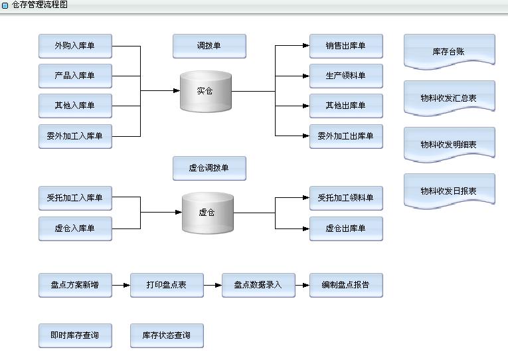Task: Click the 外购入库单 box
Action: tap(75, 46)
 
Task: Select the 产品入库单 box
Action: tap(75, 76)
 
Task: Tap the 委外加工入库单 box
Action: tap(75, 136)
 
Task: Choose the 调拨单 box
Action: tap(209, 46)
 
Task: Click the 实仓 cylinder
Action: tap(206, 91)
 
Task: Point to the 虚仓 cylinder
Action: tap(208, 213)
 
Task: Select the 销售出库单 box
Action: tap(346, 46)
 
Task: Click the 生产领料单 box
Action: tap(346, 76)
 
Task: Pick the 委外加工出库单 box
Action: tap(346, 136)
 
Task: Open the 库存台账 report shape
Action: tap(449, 51)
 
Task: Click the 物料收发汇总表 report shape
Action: tap(449, 98)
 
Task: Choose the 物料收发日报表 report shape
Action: tap(449, 191)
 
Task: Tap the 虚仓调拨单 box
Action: tap(209, 169)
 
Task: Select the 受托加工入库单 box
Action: tap(75, 198)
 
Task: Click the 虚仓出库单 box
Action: tap(346, 228)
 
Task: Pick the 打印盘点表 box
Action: tap(167, 285)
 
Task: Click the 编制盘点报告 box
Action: tap(346, 285)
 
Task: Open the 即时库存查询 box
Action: tap(75, 335)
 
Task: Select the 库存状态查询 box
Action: tap(167, 335)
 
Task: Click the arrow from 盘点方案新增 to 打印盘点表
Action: tap(121, 286)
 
